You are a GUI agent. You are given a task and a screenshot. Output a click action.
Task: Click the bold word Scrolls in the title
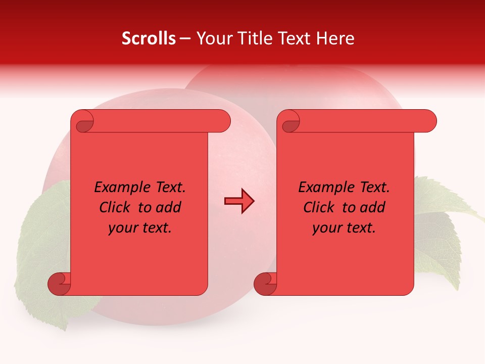pos(149,38)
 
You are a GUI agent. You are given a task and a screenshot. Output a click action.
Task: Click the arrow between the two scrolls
pos(239,202)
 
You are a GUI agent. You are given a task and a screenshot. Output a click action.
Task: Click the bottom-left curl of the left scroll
pos(59,284)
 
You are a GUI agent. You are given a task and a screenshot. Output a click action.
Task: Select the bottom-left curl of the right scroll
pos(265,284)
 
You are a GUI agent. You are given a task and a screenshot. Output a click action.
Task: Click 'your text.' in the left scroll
pos(140,228)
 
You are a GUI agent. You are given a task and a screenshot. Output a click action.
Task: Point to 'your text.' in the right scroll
pos(344,228)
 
